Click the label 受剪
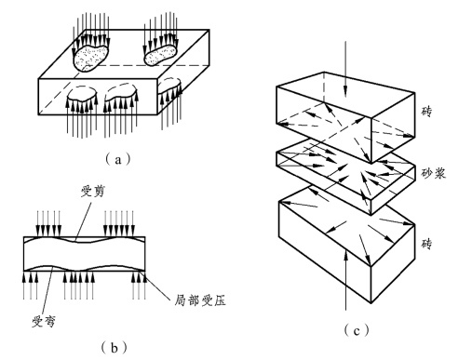[x=92, y=192]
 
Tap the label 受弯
[x=44, y=322]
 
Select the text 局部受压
[x=200, y=300]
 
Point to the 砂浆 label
[x=434, y=173]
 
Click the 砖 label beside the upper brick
[x=426, y=111]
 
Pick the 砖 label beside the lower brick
[x=426, y=244]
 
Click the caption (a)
[x=118, y=159]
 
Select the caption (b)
[x=115, y=348]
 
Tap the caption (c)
[x=357, y=330]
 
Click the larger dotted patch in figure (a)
[x=90, y=58]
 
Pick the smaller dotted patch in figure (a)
[x=161, y=55]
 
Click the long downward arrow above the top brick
[x=345, y=69]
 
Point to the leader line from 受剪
[x=84, y=220]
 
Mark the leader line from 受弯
[x=47, y=290]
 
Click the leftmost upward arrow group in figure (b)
[x=31, y=286]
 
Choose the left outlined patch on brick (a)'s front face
[x=82, y=96]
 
